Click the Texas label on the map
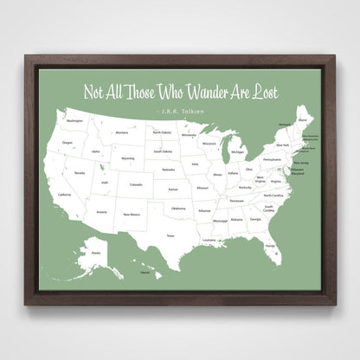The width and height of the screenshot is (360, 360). (170, 235)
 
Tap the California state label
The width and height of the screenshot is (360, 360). (65, 195)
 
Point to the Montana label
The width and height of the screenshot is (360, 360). (121, 132)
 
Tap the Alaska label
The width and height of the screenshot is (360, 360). (95, 253)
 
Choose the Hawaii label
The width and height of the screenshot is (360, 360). (145, 273)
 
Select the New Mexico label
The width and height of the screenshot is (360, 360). (131, 214)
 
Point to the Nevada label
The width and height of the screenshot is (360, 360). (79, 173)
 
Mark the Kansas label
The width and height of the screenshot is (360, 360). (173, 190)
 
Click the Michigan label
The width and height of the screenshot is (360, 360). (236, 152)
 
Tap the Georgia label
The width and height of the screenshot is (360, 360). (255, 219)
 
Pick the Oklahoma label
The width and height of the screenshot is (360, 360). (177, 209)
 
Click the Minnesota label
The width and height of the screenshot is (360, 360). (188, 136)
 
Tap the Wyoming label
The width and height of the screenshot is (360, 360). (128, 159)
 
